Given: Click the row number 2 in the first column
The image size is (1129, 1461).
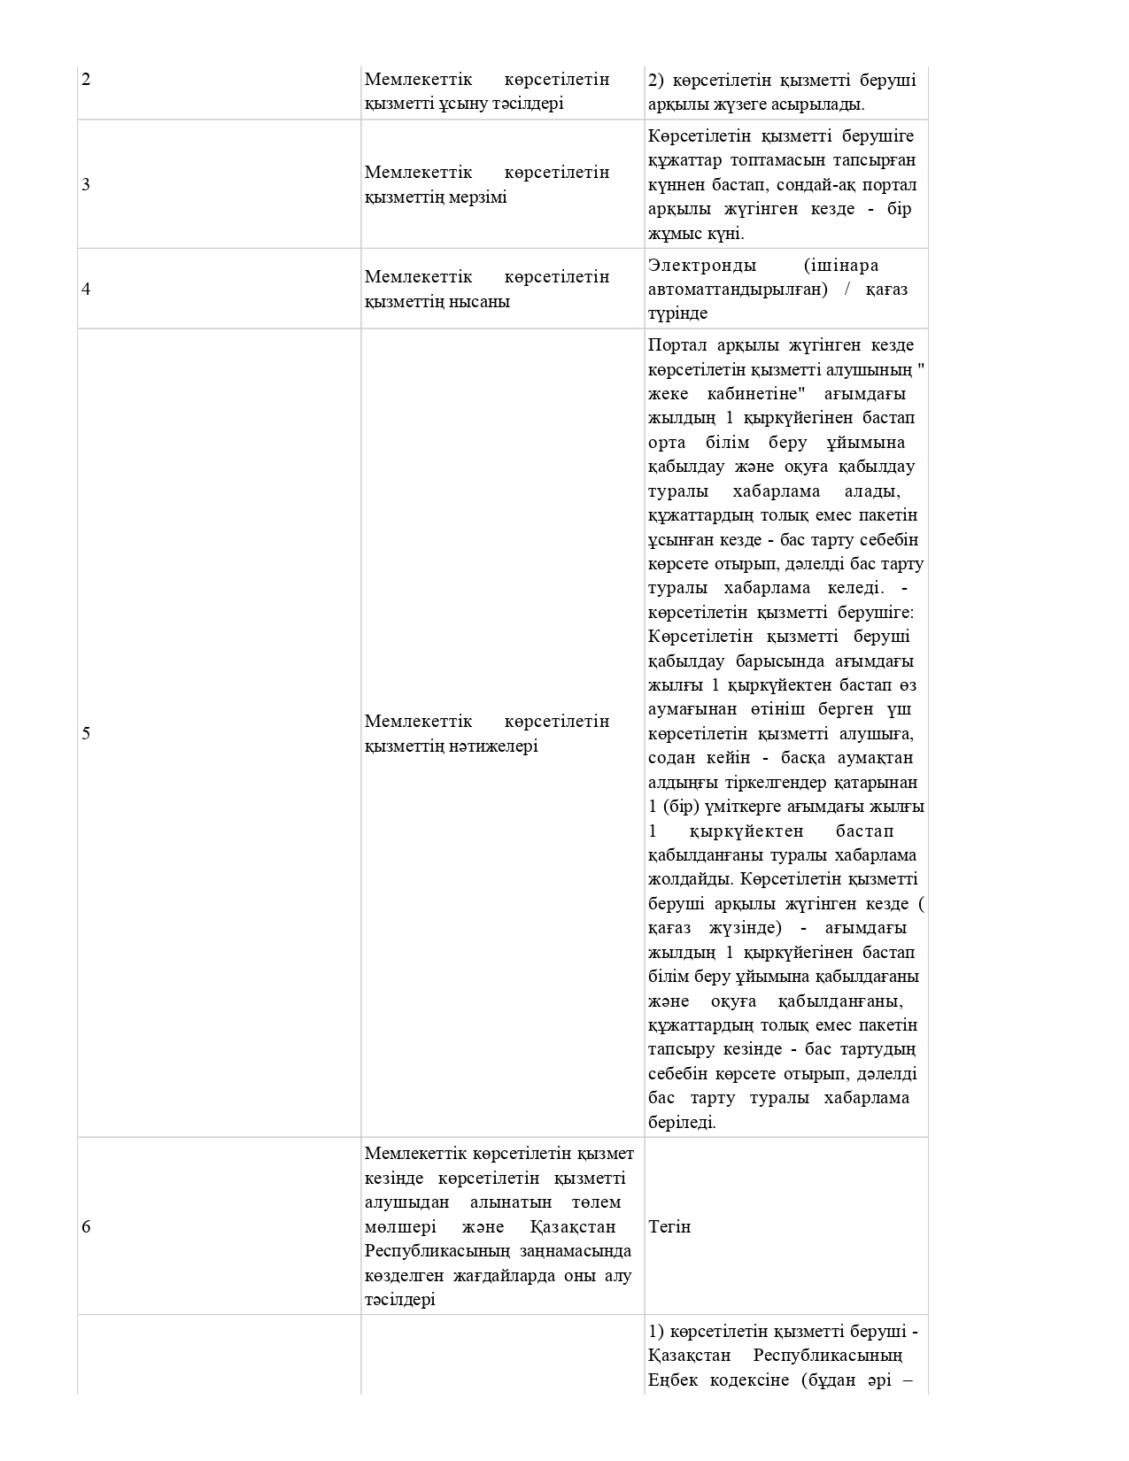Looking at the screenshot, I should pos(86,80).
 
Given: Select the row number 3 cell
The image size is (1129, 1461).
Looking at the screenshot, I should pos(86,185).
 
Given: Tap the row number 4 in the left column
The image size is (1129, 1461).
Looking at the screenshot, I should pos(86,290).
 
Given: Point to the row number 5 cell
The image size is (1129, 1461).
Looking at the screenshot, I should pos(86,733).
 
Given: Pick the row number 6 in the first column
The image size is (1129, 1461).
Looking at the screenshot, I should pos(86,1227).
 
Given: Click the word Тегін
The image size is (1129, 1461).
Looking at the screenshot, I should pos(669,1227).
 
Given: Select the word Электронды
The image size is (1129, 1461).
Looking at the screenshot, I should pos(702,266).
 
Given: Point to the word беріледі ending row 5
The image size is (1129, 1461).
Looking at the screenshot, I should pos(682,1123).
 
